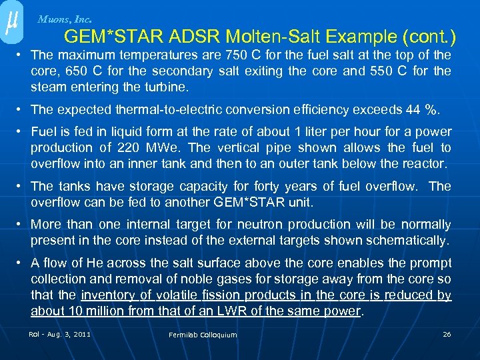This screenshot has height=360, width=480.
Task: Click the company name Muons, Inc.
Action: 65,19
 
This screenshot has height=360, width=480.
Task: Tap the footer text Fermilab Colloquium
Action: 203,335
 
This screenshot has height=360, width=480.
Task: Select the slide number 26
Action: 447,334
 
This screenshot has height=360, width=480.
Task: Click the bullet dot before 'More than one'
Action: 21,225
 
